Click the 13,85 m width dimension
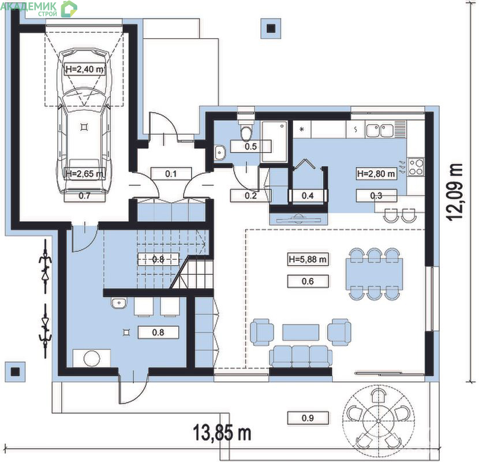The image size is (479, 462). [222, 433]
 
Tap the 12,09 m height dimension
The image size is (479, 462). [454, 191]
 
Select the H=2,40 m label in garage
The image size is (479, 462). [85, 69]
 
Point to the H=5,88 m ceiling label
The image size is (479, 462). [308, 259]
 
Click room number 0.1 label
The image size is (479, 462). [171, 174]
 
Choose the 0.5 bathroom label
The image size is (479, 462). [250, 147]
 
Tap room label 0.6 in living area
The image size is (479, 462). [308, 281]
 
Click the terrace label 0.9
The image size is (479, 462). [308, 418]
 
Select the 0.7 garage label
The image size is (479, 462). [84, 195]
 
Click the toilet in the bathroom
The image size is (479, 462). [246, 131]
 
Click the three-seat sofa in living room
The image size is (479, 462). [301, 356]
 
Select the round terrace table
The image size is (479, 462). [378, 422]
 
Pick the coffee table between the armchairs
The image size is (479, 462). [301, 333]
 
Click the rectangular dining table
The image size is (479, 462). [374, 274]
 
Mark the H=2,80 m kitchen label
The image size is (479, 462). [376, 174]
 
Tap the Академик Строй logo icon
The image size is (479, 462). [69, 9]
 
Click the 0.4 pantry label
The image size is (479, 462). [308, 195]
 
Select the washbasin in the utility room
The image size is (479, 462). [119, 303]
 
